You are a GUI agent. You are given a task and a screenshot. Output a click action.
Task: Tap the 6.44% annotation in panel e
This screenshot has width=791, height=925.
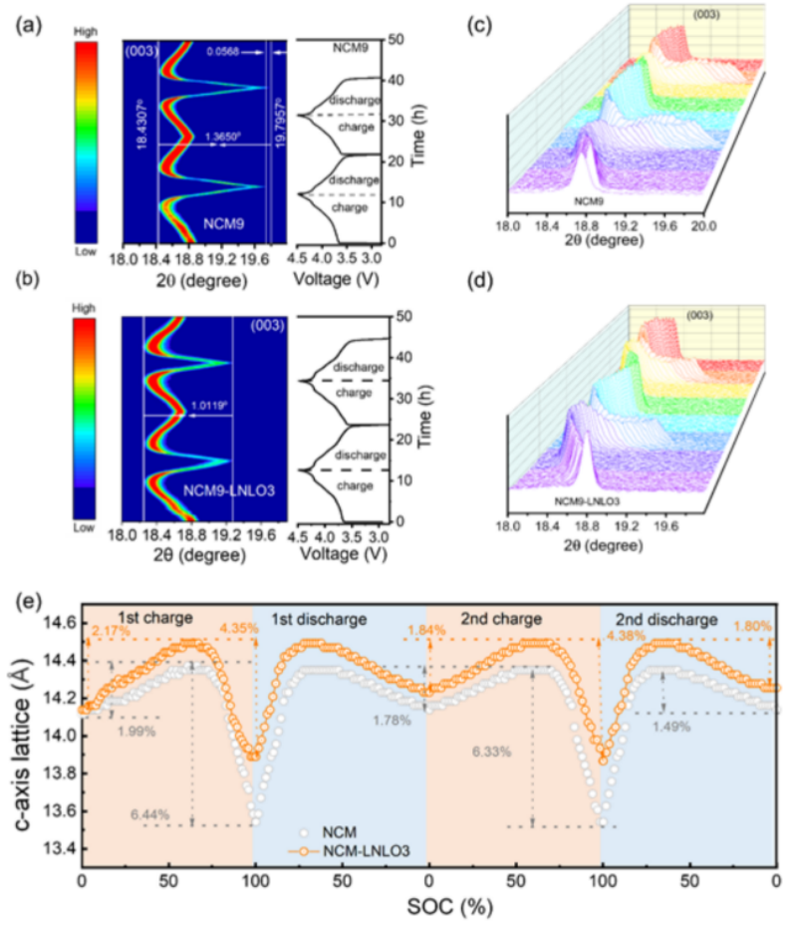pyautogui.click(x=148, y=814)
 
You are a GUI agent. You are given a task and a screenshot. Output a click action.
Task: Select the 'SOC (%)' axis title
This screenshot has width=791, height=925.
pyautogui.click(x=429, y=909)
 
